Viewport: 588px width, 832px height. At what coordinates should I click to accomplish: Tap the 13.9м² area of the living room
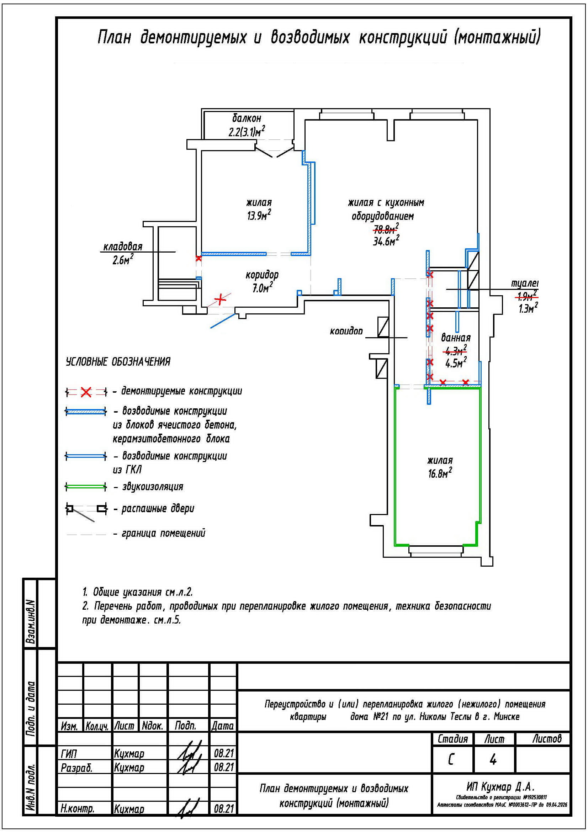point(259,216)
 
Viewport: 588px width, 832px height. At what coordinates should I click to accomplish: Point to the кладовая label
point(123,247)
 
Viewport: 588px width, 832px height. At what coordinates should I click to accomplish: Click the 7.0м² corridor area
point(262,288)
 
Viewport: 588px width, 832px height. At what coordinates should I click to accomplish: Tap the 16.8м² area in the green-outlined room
point(440,473)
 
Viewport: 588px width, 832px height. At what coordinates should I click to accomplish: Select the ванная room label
point(455,338)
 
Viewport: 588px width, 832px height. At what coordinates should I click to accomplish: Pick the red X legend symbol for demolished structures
point(86,392)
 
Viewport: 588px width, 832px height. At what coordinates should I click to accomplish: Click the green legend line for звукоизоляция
point(86,486)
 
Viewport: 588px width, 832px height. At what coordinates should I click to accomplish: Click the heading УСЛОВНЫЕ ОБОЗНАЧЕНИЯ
point(118,362)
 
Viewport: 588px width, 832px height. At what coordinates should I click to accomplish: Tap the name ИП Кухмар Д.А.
point(500,787)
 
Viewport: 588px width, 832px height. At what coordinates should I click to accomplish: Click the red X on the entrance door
point(219,299)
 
